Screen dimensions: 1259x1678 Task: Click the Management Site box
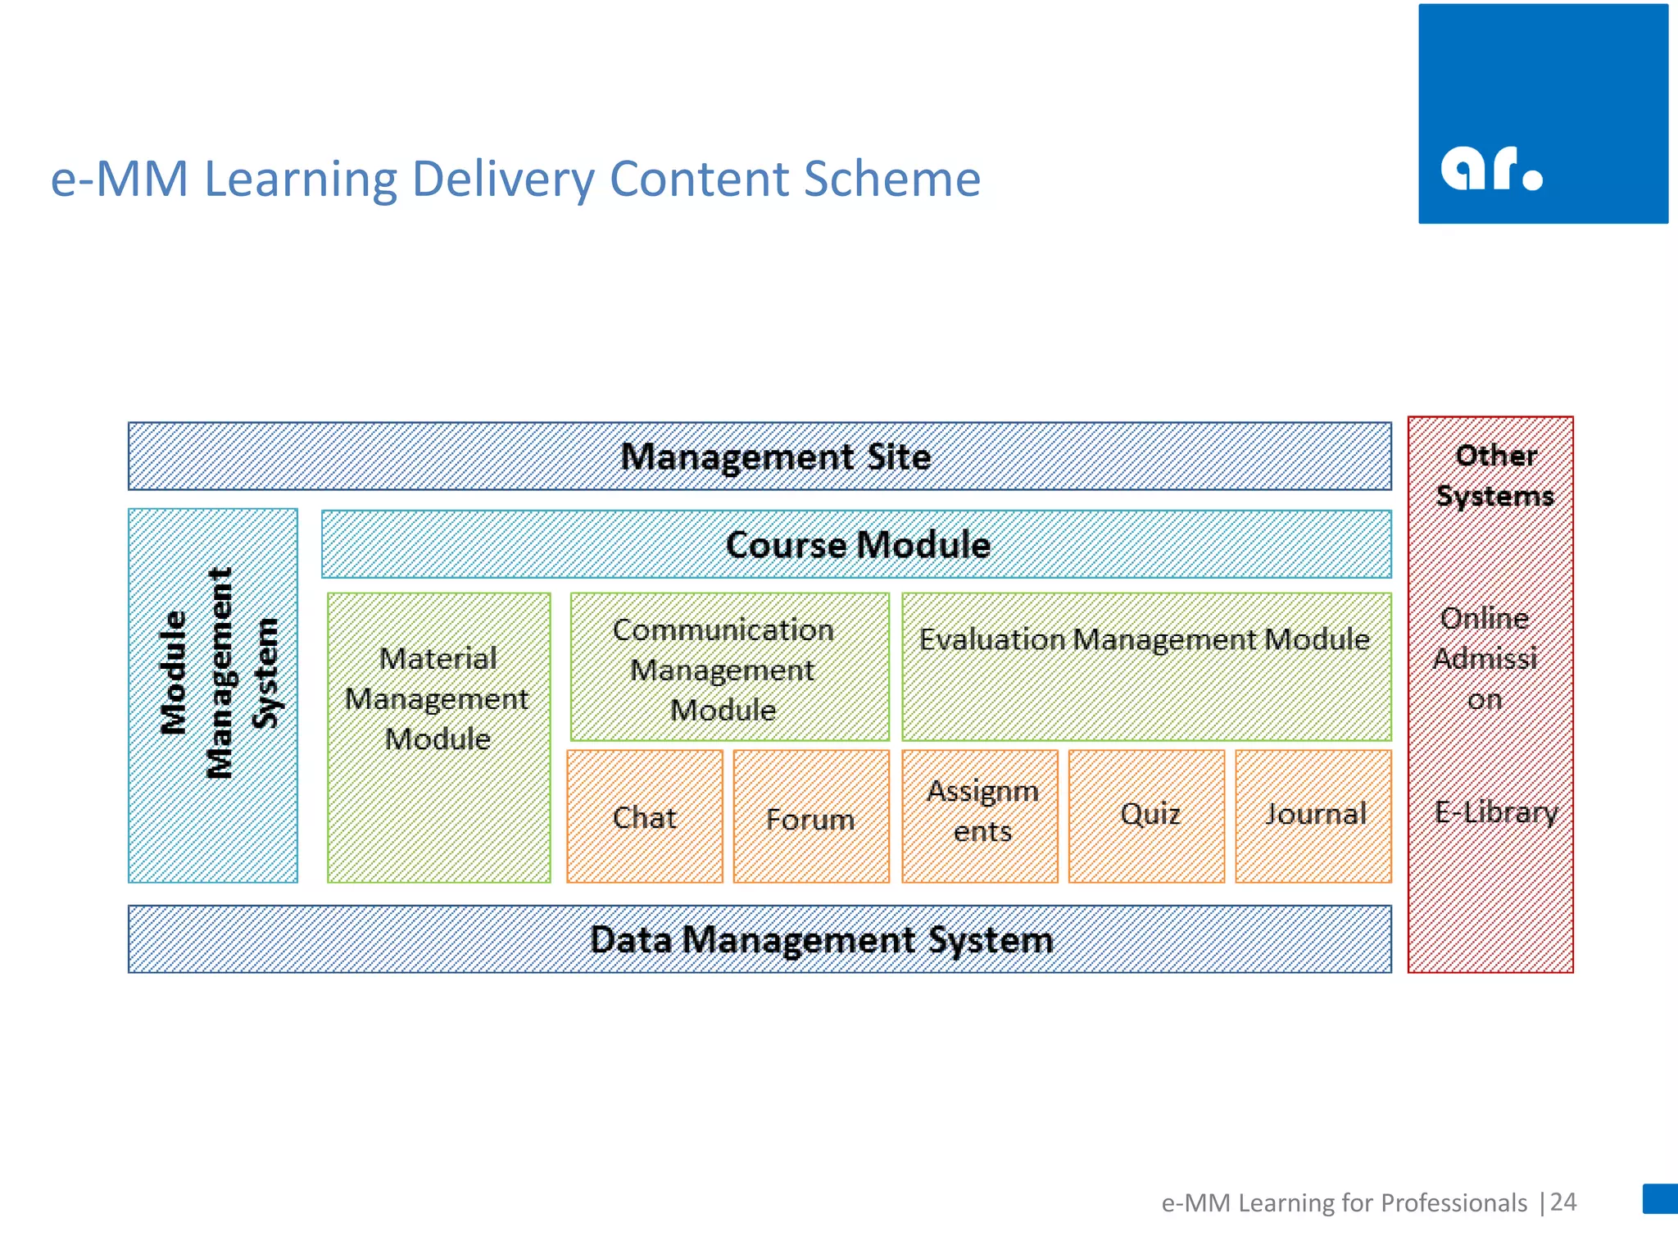pos(760,457)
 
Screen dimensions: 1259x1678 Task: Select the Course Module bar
pos(856,544)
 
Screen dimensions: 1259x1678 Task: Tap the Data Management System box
pos(760,939)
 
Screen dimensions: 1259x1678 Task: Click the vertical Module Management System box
pos(213,695)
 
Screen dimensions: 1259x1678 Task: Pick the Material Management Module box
pos(438,737)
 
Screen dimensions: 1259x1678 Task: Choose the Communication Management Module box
pos(729,667)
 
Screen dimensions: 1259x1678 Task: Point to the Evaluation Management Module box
pos(1145,666)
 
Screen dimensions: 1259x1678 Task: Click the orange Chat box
pos(645,816)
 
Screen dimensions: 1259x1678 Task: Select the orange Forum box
pos(811,817)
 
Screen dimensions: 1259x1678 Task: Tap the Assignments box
pos(980,816)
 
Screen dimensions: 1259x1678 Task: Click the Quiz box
pos(1146,816)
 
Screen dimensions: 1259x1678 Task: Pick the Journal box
pos(1313,816)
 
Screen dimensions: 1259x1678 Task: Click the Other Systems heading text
pos(1494,475)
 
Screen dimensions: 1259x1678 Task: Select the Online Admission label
pos(1485,658)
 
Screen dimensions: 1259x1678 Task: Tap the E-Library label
pos(1495,811)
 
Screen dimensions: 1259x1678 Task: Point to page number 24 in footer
pos(1563,1202)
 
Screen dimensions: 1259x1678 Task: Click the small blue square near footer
pos(1660,1198)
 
